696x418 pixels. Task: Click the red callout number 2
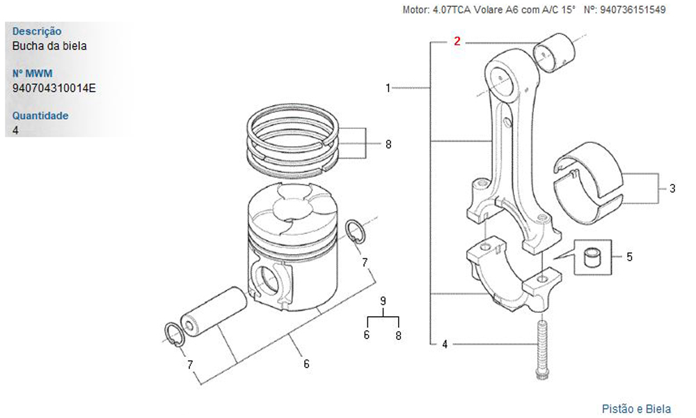point(457,41)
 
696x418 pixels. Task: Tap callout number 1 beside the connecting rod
point(388,88)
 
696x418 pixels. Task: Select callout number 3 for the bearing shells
point(672,188)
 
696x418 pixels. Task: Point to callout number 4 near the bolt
point(445,343)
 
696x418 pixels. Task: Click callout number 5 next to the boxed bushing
point(629,257)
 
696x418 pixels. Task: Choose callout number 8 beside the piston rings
point(388,145)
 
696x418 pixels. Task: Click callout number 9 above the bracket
point(383,301)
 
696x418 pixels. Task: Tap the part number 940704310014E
point(54,88)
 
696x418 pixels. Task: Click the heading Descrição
point(37,31)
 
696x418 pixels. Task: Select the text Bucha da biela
point(49,46)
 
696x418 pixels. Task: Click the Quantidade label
point(40,116)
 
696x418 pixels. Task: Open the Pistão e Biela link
point(636,409)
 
